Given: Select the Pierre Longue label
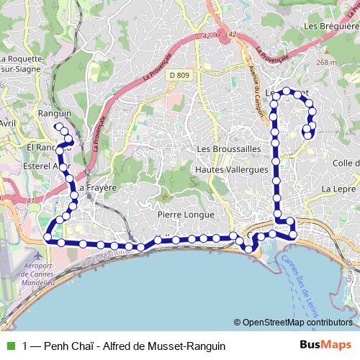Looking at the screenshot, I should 186,215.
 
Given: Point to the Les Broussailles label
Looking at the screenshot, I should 228,148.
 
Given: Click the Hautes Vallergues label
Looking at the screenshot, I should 231,170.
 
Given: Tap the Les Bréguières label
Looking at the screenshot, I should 331,26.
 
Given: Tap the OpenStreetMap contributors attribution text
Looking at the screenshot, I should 297,323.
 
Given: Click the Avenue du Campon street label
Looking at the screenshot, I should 253,79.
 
